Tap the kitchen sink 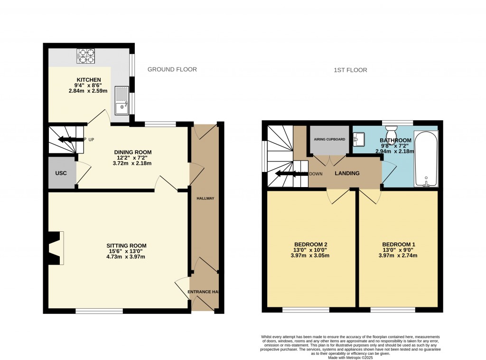(122, 101)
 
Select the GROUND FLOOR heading (172, 69)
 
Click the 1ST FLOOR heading (350, 70)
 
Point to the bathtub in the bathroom (427, 160)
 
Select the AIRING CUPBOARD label (329, 140)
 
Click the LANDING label (347, 173)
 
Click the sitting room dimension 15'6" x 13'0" (125, 251)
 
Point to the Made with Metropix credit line (350, 357)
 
